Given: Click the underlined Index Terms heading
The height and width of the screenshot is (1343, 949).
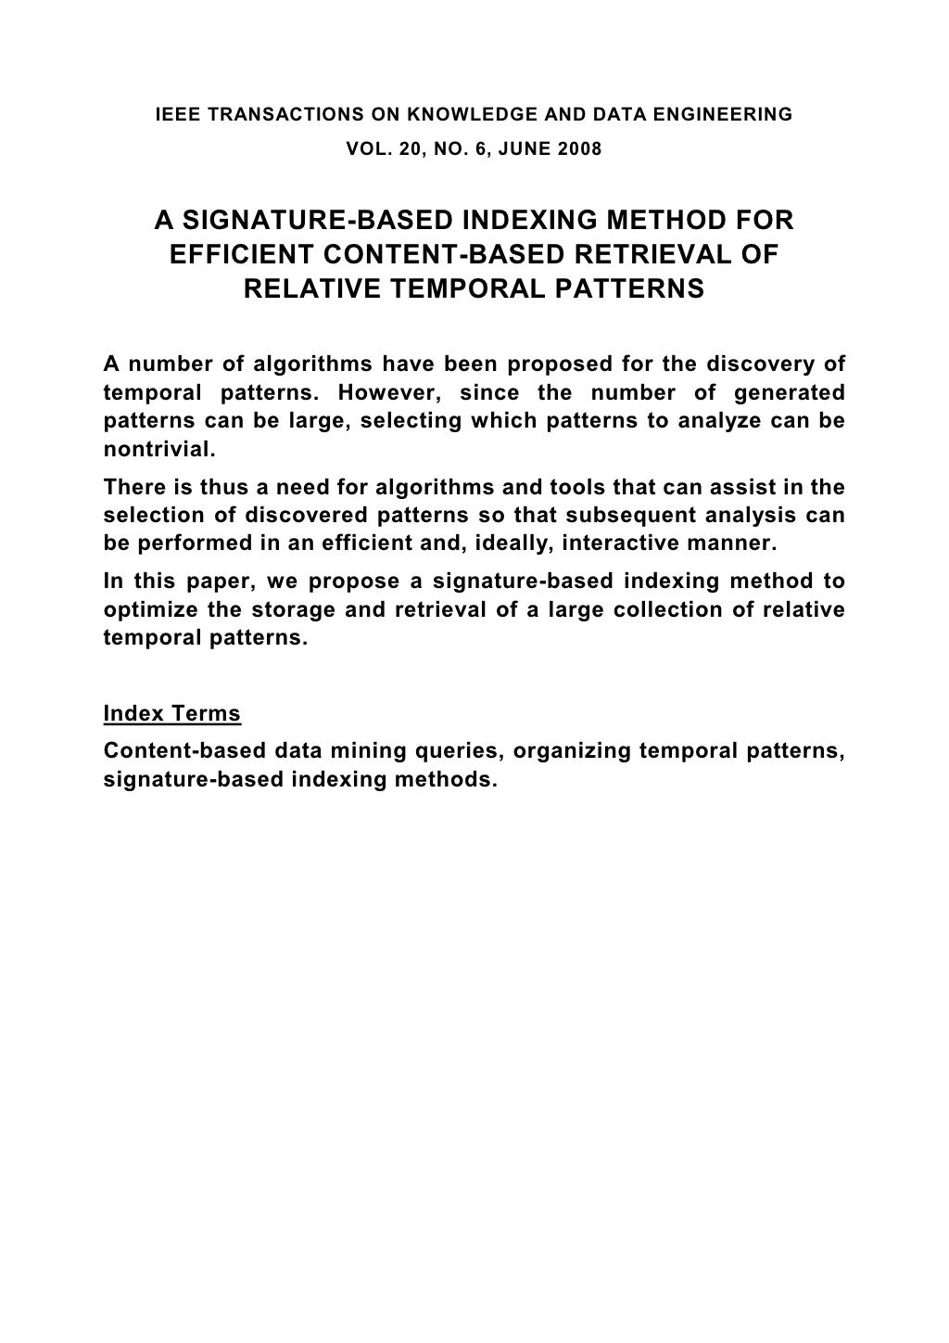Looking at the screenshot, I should point(172,714).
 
